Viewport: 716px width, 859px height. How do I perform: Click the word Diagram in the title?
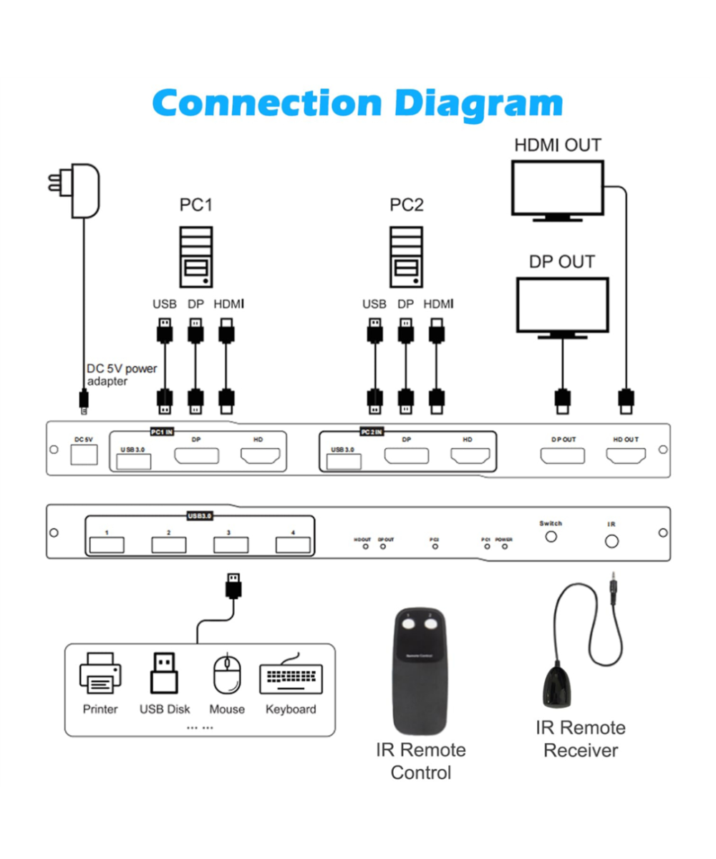click(x=478, y=102)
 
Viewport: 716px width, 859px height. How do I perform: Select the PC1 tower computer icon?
click(x=195, y=256)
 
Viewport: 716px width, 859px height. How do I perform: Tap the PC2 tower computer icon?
click(x=406, y=256)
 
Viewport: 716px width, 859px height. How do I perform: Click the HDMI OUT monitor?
click(x=558, y=190)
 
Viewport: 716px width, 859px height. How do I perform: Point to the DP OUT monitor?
click(x=562, y=308)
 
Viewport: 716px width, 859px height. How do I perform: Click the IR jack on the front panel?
click(x=611, y=541)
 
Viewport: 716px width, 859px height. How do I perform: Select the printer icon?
click(x=100, y=674)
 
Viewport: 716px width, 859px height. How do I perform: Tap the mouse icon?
click(x=227, y=674)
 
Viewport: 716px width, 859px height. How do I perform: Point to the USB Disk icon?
click(x=164, y=674)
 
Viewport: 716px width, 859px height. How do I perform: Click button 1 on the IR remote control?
click(x=409, y=624)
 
